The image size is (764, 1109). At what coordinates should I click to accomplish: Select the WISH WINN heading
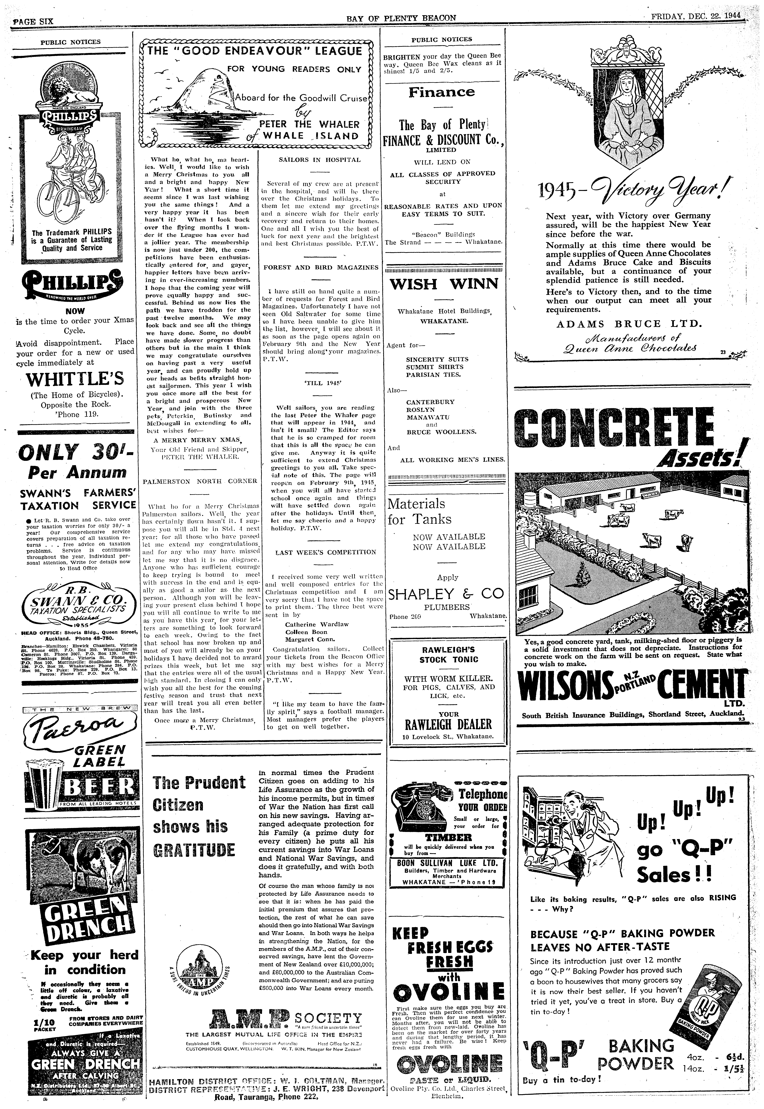[x=444, y=284]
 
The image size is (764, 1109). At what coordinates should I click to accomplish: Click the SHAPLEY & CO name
[x=446, y=594]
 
